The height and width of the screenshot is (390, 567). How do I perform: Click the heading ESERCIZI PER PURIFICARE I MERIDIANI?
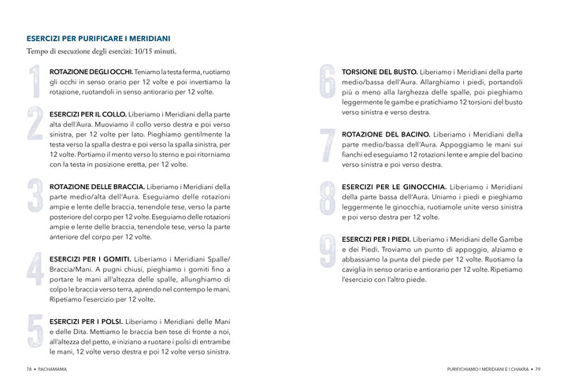pos(98,38)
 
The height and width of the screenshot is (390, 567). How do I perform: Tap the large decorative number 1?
pos(35,81)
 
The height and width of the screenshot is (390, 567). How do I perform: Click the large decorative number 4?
pos(35,269)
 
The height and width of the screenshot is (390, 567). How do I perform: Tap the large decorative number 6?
pos(328,82)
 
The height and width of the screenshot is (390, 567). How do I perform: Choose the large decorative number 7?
pos(328,147)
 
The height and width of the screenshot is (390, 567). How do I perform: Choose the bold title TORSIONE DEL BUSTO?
pos(379,72)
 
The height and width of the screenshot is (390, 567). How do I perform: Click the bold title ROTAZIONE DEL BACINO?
pos(386,135)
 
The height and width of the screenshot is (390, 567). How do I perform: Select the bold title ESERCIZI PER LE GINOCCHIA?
pos(393,187)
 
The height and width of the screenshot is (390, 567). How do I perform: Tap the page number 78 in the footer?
pos(28,370)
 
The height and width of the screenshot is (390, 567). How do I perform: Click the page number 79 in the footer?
pos(539,370)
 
